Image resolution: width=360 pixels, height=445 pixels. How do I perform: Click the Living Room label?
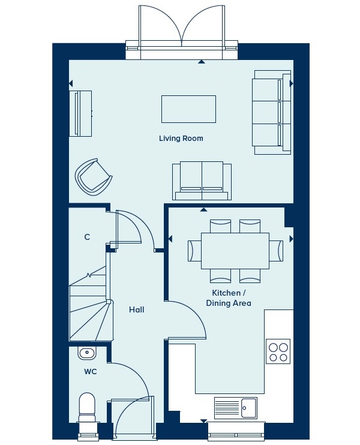coord(181,139)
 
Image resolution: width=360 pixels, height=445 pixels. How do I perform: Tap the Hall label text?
coord(137,309)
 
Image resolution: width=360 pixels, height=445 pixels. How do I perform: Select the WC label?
coord(90,371)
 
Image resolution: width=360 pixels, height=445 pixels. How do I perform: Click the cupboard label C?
coord(87,237)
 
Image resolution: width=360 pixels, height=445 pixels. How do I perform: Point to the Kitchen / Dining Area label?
coord(229,298)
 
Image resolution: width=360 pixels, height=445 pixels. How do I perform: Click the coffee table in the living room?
coord(188,109)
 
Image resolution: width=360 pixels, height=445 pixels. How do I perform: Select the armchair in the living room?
coord(94,177)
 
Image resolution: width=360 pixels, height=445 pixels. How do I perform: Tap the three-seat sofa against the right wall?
coord(272,112)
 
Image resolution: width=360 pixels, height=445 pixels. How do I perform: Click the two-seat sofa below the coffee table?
coord(202,181)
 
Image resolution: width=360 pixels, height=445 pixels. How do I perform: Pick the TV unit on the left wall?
coord(80,113)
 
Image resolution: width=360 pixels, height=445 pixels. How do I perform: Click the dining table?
coord(235,251)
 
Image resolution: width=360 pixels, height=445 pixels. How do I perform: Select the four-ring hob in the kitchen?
coord(278,351)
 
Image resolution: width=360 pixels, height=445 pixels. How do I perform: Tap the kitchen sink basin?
coord(248,408)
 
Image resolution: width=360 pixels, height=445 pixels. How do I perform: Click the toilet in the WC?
coord(87,408)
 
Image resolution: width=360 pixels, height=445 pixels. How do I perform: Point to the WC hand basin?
coord(87,353)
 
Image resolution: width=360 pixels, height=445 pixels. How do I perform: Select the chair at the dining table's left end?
coord(195,251)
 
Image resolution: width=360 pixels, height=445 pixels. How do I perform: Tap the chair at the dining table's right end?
coord(276,251)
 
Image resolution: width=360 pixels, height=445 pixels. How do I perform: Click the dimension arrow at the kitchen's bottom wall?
coord(203,421)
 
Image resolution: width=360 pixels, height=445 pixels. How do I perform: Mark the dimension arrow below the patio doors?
coord(201,62)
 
